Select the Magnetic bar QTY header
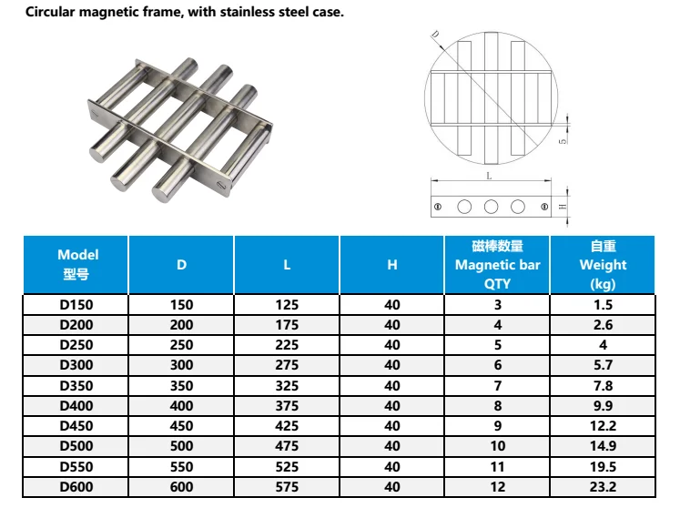click(497, 264)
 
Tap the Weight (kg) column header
click(603, 264)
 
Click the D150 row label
click(76, 305)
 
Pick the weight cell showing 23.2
click(603, 487)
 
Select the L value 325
click(287, 386)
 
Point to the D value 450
click(181, 425)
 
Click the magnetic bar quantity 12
click(497, 487)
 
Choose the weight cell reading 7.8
click(603, 386)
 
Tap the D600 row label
click(76, 487)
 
